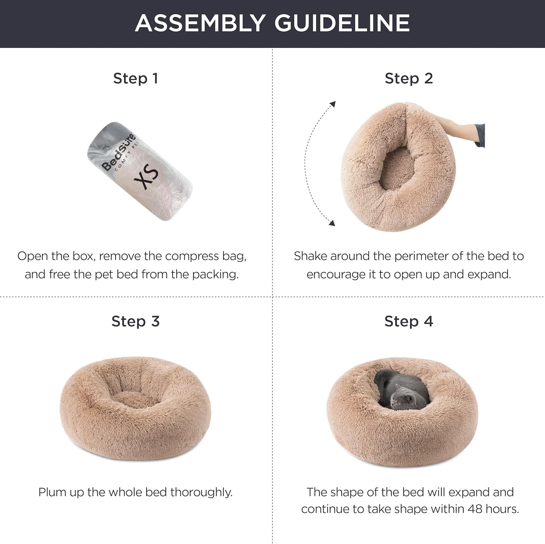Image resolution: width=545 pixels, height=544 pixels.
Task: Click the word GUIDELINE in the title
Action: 342,23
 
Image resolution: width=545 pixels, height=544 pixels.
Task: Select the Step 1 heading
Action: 136,78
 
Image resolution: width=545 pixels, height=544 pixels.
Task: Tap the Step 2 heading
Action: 409,78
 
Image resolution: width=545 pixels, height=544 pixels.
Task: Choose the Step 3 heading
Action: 136,321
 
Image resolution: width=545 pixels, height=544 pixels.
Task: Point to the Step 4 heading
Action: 409,321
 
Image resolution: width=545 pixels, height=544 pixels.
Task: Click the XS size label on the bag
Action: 150,177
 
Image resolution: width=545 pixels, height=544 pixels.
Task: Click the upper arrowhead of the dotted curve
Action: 332,105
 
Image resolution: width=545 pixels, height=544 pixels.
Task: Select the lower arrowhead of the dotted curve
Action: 331,223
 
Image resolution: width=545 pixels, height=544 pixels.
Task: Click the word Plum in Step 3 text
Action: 52,492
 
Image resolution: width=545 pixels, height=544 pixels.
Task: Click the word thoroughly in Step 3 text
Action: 201,492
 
